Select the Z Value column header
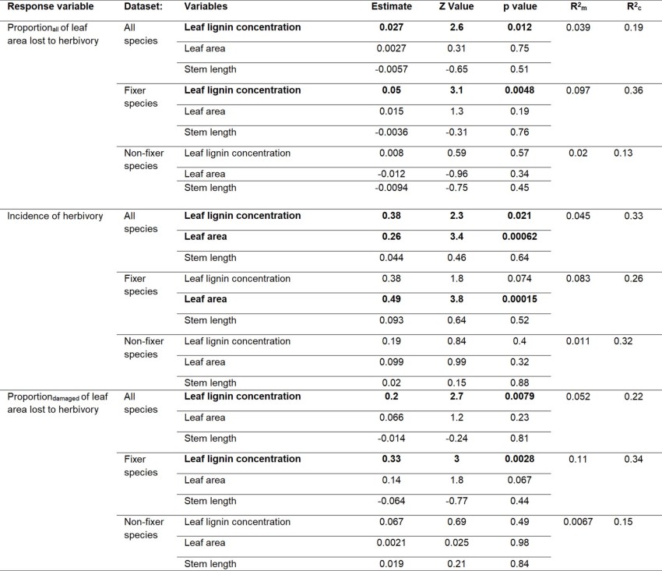456,6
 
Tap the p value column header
520,6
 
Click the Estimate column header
391,6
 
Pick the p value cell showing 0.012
520,27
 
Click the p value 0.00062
520,236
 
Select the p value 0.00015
520,298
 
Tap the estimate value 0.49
391,298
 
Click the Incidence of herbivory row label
55,216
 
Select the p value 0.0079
520,397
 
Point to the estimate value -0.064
391,501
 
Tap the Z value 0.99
456,361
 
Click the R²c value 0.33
632,217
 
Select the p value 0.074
520,278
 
